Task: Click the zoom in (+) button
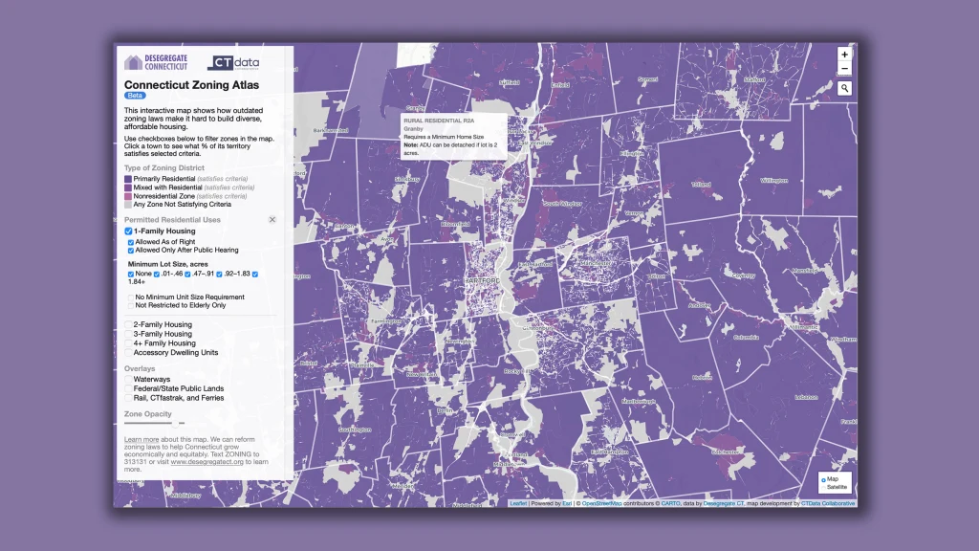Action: point(844,55)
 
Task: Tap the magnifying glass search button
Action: point(844,88)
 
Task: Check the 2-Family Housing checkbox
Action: point(128,325)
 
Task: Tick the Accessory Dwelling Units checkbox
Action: point(128,353)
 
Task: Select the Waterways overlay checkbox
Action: point(128,380)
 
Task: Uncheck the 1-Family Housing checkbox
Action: point(128,231)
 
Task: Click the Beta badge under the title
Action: point(135,96)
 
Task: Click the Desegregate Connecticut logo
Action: point(156,62)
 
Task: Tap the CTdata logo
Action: point(232,63)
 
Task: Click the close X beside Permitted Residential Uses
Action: point(272,220)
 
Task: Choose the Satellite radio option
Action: point(822,488)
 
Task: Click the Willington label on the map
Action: point(772,180)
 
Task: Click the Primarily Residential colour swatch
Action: point(128,179)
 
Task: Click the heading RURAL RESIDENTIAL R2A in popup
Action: point(439,121)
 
